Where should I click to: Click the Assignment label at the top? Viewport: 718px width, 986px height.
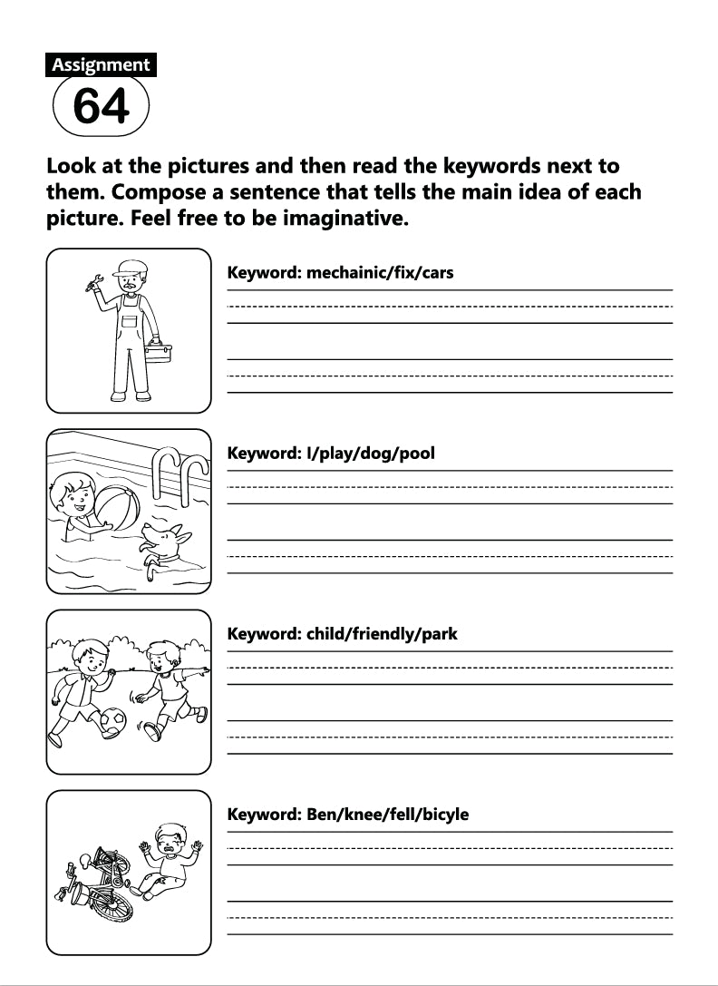coord(101,65)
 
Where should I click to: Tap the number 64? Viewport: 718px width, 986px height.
coord(101,107)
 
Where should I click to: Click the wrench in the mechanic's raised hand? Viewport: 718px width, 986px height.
coord(92,287)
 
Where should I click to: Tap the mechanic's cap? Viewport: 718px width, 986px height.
coord(131,268)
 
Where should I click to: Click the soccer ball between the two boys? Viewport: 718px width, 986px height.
coord(112,721)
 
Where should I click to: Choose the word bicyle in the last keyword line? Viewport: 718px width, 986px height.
coord(440,815)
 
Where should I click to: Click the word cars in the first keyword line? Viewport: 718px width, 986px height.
coord(435,272)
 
